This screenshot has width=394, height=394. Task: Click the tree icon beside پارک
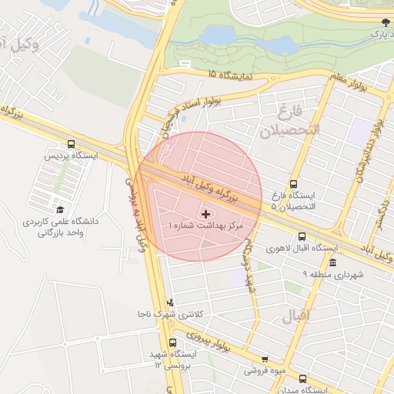pos(385,25)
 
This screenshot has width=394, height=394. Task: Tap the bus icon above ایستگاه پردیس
pos(72,144)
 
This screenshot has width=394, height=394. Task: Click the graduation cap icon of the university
pos(60,209)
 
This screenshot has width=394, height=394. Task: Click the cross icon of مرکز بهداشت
pos(205,213)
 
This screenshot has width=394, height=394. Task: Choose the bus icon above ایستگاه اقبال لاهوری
pos(302,237)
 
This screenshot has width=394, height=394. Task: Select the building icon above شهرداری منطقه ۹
pos(332,263)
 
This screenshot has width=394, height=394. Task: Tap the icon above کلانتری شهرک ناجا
pos(170,302)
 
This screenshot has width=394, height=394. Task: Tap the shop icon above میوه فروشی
pos(265,359)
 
